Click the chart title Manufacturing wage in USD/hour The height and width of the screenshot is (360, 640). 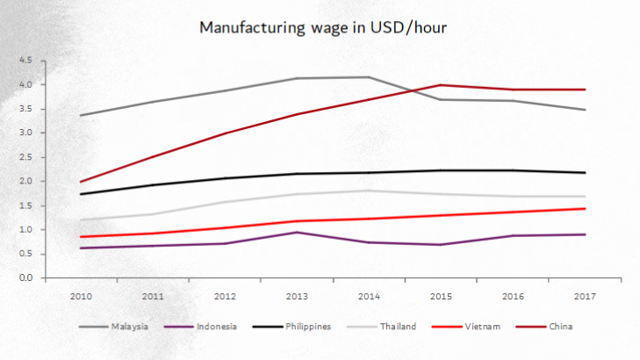tap(323, 28)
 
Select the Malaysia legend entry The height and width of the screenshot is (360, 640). tap(129, 328)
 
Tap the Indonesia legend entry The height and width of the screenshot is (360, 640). tap(216, 328)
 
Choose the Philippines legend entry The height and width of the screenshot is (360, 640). tap(307, 328)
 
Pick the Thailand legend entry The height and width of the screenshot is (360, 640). tap(399, 328)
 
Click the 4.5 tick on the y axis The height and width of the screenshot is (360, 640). tap(25, 61)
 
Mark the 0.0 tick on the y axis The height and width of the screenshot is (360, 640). tap(25, 277)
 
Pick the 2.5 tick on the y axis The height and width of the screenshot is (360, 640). tap(25, 157)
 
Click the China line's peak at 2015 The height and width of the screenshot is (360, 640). tap(442, 85)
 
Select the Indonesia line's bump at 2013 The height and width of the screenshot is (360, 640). tap(298, 232)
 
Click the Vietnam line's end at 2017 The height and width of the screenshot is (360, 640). tap(586, 208)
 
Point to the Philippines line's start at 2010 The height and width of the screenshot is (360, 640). tap(81, 194)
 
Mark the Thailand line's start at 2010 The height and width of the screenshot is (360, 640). tap(81, 220)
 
